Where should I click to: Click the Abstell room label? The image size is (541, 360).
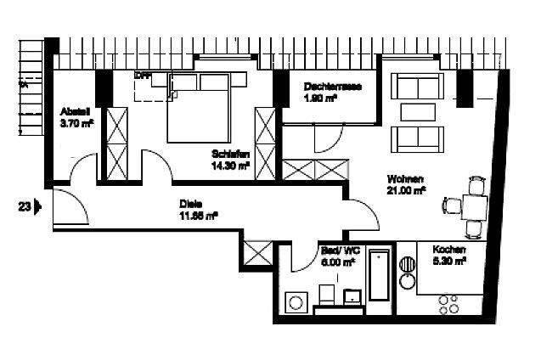tap(76, 112)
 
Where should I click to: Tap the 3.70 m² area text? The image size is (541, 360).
tap(76, 124)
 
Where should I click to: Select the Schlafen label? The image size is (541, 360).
tap(230, 155)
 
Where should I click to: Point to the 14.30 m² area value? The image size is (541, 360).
tap(231, 166)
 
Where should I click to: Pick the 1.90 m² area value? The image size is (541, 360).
tap(320, 98)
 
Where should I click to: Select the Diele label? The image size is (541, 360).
tap(190, 204)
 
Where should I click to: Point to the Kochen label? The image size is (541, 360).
tap(448, 250)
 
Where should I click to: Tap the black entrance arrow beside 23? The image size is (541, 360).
tap(37, 205)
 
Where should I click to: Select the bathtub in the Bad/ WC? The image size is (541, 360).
tap(380, 274)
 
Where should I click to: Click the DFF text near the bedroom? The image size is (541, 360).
tap(142, 76)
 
